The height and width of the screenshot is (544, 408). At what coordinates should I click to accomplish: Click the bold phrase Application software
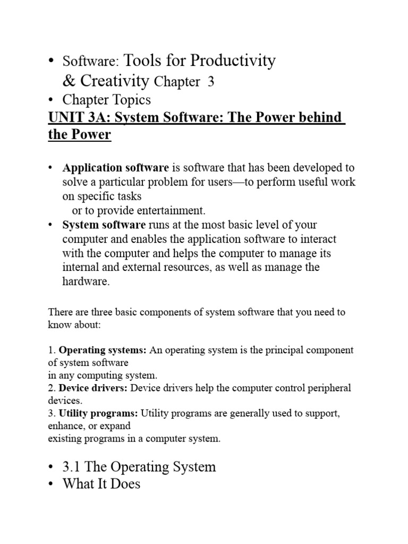(x=116, y=168)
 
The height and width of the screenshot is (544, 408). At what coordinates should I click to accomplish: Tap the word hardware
(x=86, y=282)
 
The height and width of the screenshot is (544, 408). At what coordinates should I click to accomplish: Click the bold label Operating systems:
(x=103, y=351)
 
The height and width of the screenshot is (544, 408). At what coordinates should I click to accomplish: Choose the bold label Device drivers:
(x=93, y=388)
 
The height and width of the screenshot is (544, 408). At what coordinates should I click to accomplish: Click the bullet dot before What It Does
(x=51, y=484)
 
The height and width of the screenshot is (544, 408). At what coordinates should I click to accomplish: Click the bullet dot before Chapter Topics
(x=51, y=99)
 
